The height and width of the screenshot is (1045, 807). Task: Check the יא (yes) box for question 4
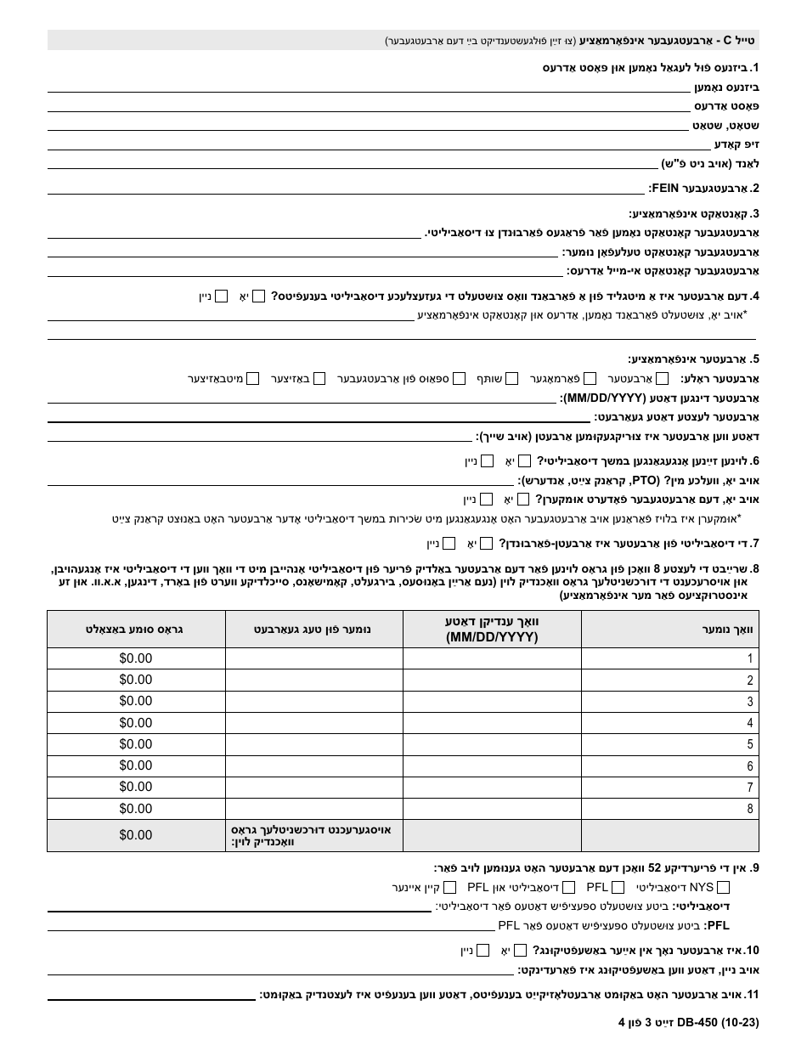tap(259, 297)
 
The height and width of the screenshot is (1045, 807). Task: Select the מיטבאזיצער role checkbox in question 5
tap(252, 379)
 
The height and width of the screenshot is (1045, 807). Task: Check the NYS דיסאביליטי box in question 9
tap(723, 888)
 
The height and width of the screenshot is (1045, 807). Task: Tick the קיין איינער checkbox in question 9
tap(451, 888)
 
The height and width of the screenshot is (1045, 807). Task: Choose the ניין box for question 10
tap(483, 951)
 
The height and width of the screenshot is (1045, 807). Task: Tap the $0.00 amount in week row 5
tap(136, 744)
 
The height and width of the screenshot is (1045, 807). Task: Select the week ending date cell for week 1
tap(492, 658)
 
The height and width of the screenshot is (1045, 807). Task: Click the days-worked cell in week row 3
tap(313, 702)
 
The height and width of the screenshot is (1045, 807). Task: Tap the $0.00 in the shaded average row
tap(136, 835)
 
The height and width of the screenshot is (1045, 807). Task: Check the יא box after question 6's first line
tap(525, 461)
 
